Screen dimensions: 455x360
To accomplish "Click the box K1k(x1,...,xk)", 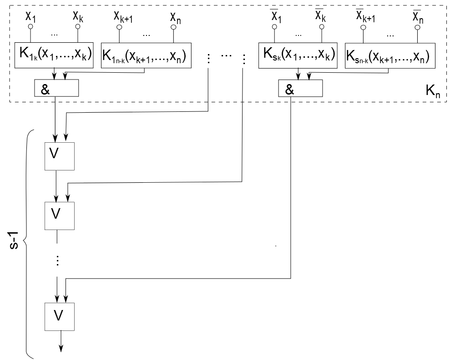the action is point(54,55).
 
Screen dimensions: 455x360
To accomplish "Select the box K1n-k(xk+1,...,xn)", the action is point(146,55).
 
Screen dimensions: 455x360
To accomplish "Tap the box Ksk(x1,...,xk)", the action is point(298,55).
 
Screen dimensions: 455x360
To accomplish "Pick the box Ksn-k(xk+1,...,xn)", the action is point(390,55).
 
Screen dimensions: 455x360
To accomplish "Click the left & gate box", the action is point(56,88).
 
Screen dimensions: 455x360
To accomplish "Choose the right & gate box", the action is point(300,88).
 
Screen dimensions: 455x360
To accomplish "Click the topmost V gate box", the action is point(60,156).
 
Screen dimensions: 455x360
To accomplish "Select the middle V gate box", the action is point(60,216).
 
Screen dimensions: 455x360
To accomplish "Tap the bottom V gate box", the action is point(60,317).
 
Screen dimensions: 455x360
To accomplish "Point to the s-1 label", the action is point(14,240).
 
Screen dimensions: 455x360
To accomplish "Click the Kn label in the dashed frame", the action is point(433,91).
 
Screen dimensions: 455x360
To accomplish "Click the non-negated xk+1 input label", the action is point(123,17).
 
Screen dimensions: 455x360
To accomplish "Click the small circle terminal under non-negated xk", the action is point(78,27).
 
